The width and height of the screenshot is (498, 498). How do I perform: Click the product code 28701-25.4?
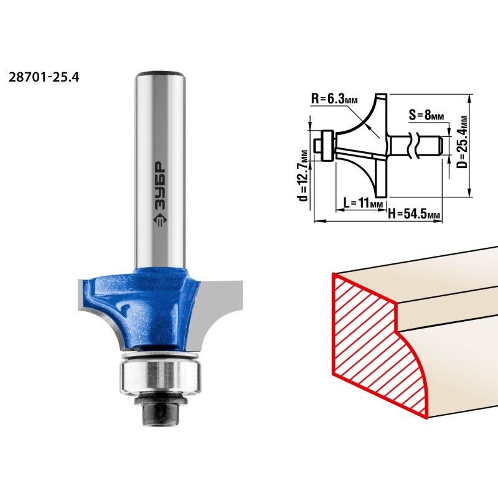click(x=44, y=77)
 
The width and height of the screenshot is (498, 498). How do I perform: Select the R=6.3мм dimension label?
click(x=334, y=99)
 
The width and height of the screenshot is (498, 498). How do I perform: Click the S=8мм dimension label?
click(x=426, y=115)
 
